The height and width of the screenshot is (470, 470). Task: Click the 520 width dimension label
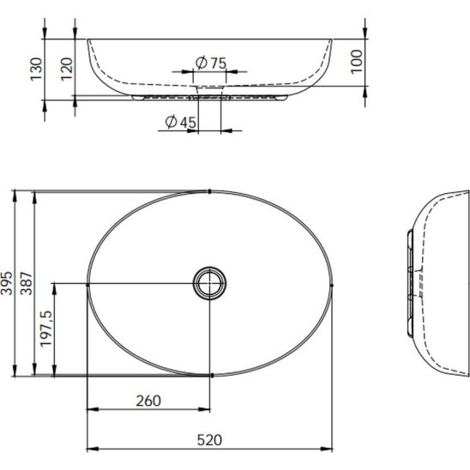point(209,440)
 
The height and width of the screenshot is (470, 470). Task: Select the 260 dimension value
point(148,401)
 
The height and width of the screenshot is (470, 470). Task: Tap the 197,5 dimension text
point(46,328)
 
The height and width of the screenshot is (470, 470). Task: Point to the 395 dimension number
point(6,283)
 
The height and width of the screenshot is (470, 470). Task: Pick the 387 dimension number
point(27,283)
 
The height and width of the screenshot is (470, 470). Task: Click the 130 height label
point(36,69)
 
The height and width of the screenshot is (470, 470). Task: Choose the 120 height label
point(67,69)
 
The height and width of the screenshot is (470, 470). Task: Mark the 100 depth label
point(357,62)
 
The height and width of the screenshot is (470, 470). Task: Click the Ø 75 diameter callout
point(211,63)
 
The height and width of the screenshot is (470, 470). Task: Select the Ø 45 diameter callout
point(181,122)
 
